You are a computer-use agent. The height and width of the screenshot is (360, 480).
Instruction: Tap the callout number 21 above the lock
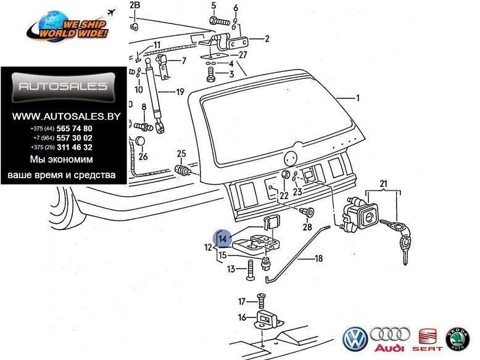383,183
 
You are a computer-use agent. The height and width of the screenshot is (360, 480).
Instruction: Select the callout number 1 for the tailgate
357,97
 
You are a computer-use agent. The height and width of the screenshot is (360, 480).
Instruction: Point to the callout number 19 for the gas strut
180,92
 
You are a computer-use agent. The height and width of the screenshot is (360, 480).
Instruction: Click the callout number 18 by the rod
318,259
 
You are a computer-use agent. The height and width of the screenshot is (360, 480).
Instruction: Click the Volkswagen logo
355,338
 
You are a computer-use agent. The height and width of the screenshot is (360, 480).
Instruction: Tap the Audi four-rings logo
391,338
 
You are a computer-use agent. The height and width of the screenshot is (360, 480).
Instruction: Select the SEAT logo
428,338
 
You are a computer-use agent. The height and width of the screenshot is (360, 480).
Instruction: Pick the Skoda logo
459,338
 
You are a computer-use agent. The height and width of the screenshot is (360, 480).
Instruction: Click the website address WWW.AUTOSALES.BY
61,115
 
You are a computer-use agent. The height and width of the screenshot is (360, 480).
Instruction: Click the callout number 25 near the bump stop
181,153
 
